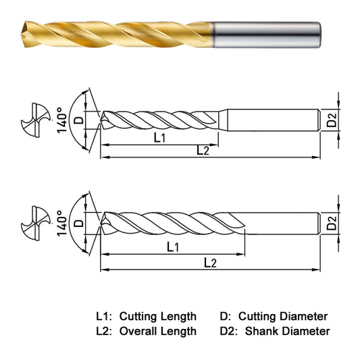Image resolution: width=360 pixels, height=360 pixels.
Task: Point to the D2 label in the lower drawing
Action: [332, 224]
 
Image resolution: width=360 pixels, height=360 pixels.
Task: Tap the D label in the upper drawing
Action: [78, 120]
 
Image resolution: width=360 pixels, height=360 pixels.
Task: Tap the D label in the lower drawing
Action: [78, 222]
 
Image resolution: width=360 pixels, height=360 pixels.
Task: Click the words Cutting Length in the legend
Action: [157, 316]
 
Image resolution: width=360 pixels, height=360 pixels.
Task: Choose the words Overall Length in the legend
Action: [157, 331]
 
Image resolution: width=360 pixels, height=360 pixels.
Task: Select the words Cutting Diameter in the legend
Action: [283, 316]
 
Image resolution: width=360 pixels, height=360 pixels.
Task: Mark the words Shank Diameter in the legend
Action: [287, 331]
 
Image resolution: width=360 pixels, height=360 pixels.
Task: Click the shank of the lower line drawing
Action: [284, 224]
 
